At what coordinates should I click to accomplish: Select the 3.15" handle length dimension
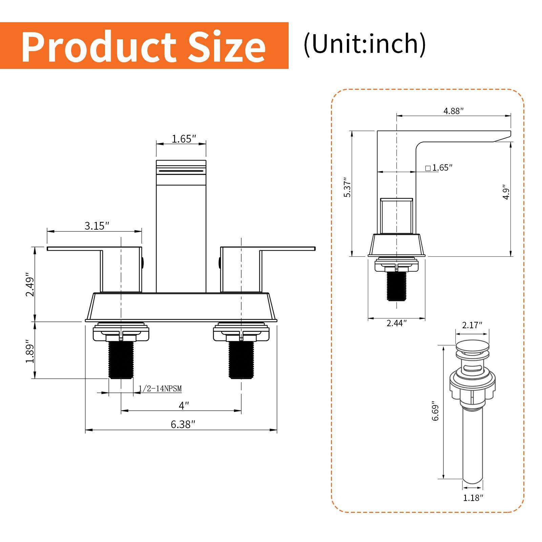point(97,226)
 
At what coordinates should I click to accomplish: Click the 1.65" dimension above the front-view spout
point(184,139)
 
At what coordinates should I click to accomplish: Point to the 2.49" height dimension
point(30,287)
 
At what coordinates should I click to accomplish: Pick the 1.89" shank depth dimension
point(30,353)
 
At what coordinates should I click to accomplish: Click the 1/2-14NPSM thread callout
point(160,389)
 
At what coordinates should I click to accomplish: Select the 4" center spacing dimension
point(184,405)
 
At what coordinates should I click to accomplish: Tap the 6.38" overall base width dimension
point(183,424)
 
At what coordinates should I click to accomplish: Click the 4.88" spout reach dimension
point(453,111)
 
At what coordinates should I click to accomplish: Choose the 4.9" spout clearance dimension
point(506,192)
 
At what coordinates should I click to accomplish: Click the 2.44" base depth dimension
point(396,323)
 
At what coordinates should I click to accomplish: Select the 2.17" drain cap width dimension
point(472,325)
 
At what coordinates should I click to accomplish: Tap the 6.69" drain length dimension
point(435,412)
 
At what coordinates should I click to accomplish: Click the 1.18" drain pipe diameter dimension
point(473,498)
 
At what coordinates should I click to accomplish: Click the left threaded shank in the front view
point(121,360)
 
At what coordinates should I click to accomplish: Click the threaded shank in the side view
point(396,286)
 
